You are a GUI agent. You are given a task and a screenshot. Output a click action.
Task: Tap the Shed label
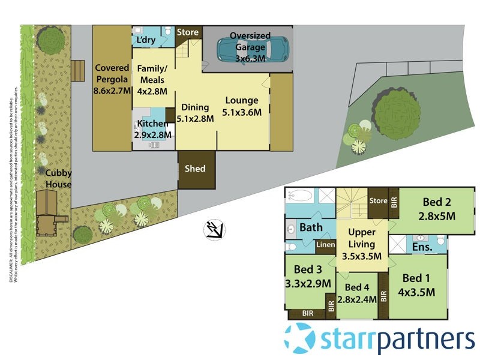coord(194,169)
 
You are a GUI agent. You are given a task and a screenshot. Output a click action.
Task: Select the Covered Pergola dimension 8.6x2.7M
coord(112,91)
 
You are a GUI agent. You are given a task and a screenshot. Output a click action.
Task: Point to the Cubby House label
coord(58,179)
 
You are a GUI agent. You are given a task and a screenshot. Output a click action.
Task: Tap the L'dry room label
coord(147,40)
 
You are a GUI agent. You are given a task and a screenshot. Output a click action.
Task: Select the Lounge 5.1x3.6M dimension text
coord(241,112)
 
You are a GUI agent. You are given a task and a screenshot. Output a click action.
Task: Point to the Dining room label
coord(195,107)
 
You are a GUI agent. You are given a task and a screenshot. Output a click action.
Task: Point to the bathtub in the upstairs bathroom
coord(298,196)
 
